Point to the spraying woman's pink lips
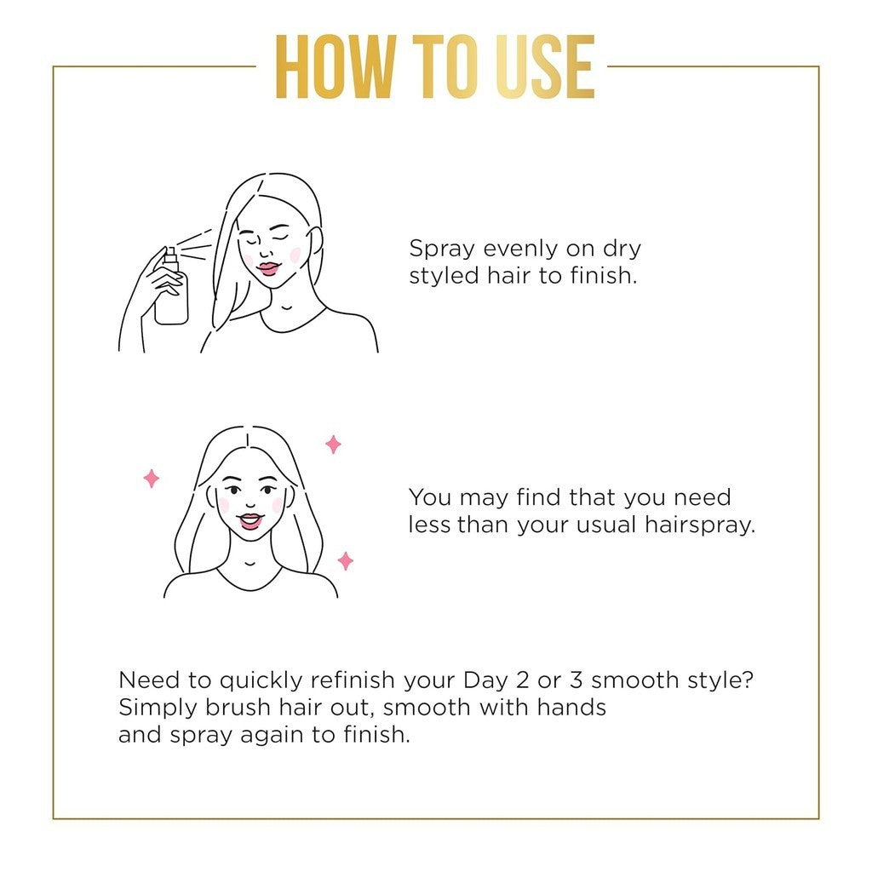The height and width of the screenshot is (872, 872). [270, 268]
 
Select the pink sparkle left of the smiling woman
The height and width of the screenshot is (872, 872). [152, 479]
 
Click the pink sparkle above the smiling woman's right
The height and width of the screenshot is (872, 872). [333, 444]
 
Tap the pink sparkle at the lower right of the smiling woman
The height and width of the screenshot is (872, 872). [345, 560]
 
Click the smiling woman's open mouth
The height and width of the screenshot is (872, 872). [250, 519]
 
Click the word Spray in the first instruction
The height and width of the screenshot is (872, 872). [443, 250]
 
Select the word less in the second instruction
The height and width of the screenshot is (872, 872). [429, 525]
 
